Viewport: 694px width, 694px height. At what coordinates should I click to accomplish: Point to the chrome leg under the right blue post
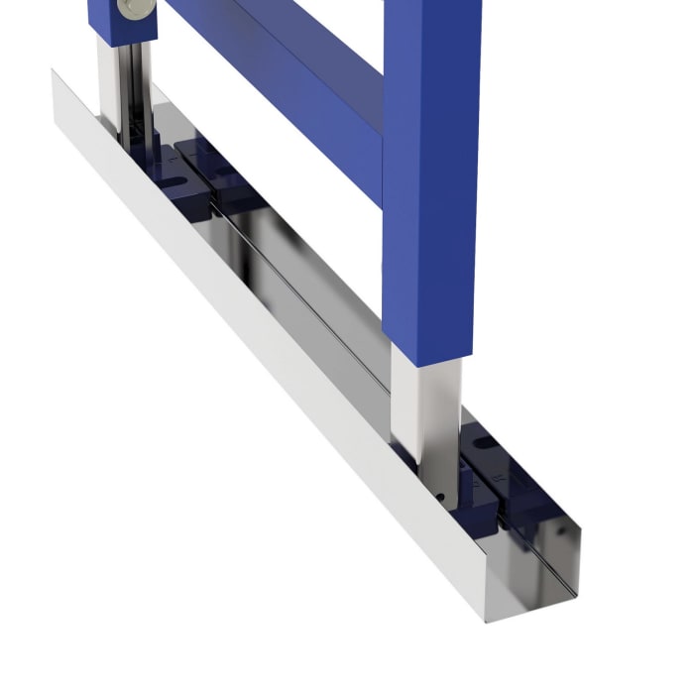426,406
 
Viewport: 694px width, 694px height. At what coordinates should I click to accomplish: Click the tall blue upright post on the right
430,178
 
